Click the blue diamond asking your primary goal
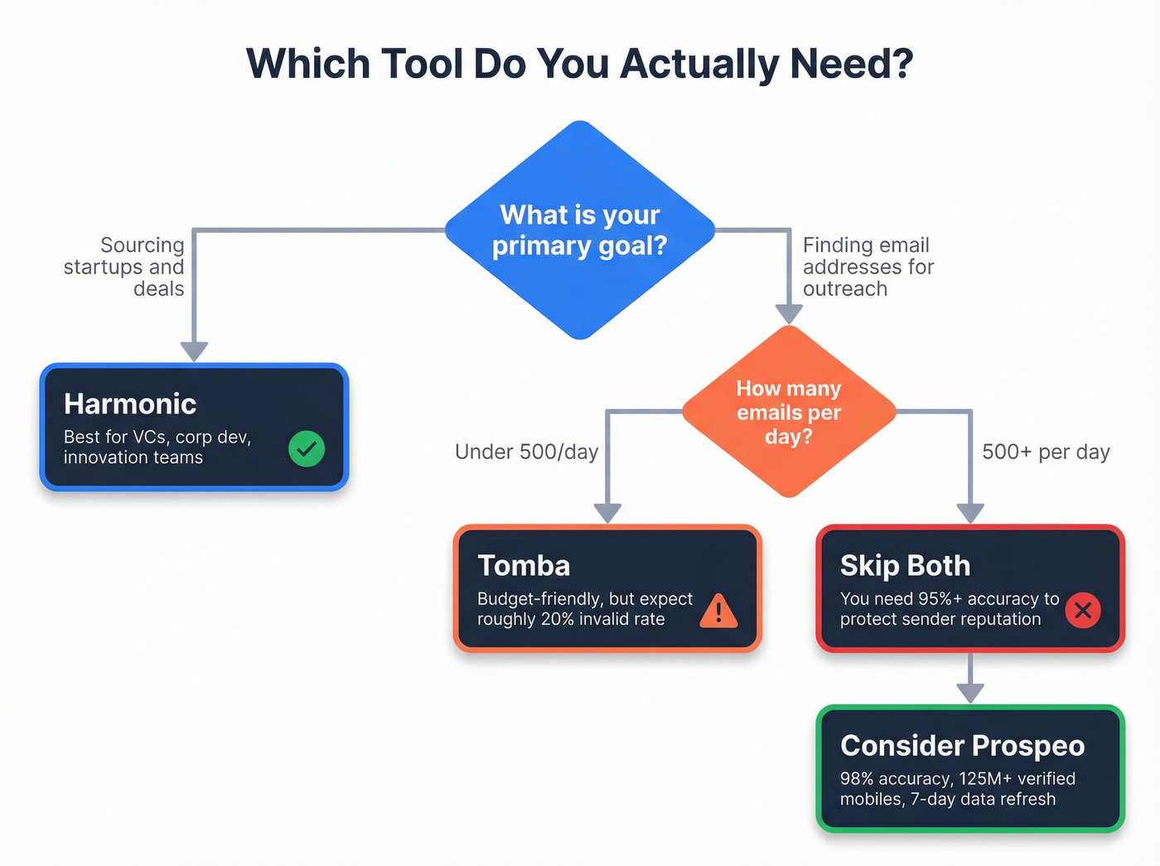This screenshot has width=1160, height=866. click(x=580, y=230)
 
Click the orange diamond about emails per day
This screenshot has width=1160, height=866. click(x=789, y=412)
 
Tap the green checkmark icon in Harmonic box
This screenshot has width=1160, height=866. click(x=307, y=448)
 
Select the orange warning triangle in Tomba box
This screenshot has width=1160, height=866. click(x=718, y=612)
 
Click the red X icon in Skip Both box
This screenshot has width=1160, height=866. click(x=1083, y=611)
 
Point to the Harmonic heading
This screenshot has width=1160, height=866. click(x=130, y=404)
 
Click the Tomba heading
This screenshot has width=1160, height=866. click(x=524, y=566)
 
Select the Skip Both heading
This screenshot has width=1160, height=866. click(x=905, y=566)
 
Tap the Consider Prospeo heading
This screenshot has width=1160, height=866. click(x=962, y=746)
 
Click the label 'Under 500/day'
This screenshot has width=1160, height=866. click(x=526, y=452)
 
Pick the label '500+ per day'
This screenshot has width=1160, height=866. click(x=1046, y=452)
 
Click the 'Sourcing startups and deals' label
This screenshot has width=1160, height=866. click(x=124, y=267)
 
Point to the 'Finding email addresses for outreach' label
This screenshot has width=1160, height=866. click(x=868, y=267)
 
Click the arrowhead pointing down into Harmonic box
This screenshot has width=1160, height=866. click(x=194, y=351)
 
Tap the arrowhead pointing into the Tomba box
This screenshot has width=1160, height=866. click(x=607, y=513)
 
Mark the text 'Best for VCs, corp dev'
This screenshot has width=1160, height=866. click(x=157, y=437)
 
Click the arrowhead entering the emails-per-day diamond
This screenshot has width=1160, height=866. click(x=789, y=314)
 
